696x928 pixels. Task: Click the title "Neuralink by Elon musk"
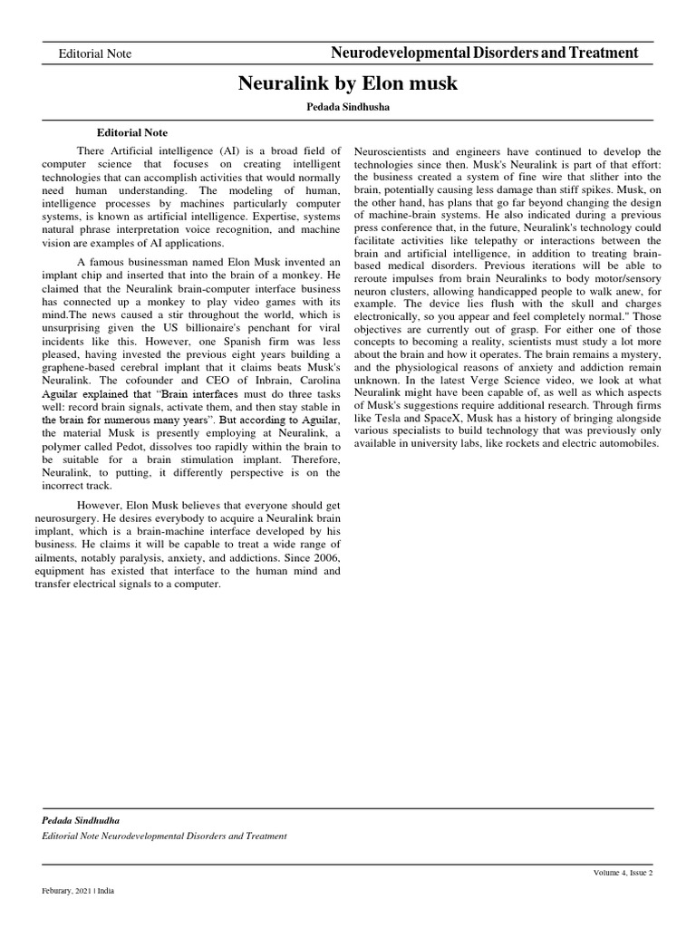[x=348, y=84]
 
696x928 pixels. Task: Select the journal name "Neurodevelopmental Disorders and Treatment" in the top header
[x=485, y=53]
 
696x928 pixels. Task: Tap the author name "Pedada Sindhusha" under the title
[x=348, y=107]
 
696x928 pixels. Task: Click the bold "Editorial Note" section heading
[x=132, y=132]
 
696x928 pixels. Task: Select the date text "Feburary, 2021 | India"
[x=78, y=891]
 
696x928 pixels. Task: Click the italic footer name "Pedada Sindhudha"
[x=82, y=820]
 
